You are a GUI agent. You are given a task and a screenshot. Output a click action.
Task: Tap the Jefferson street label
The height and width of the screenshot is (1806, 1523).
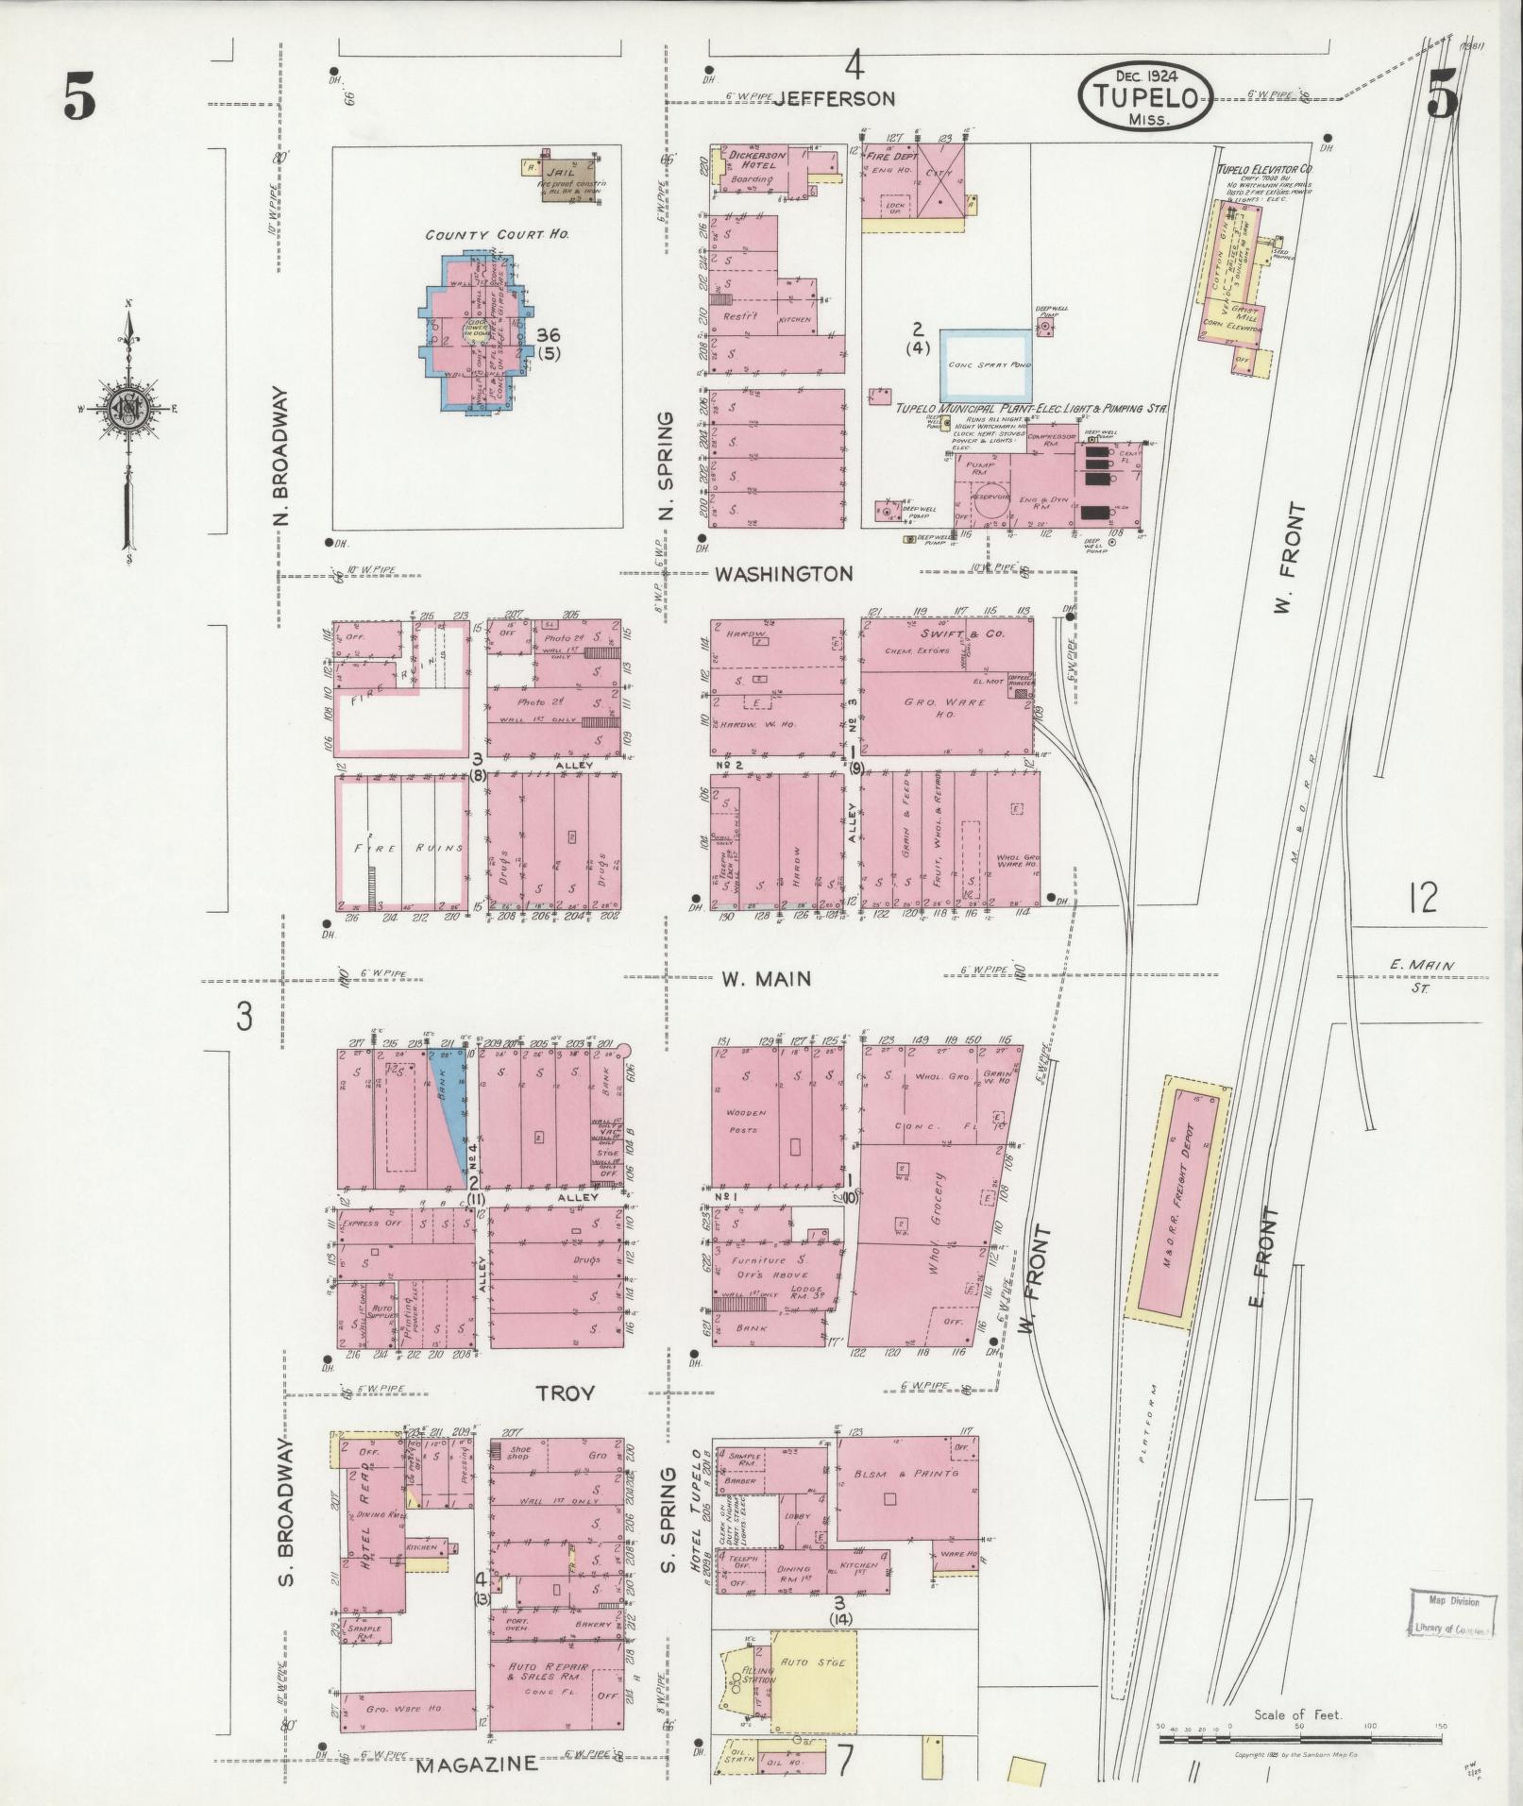[833, 97]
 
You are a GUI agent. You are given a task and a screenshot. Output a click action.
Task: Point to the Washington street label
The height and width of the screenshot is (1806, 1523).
[784, 573]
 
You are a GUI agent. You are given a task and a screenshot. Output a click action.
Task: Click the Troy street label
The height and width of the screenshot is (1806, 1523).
[566, 1392]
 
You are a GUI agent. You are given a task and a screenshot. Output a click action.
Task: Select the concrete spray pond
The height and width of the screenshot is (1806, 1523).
[985, 364]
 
